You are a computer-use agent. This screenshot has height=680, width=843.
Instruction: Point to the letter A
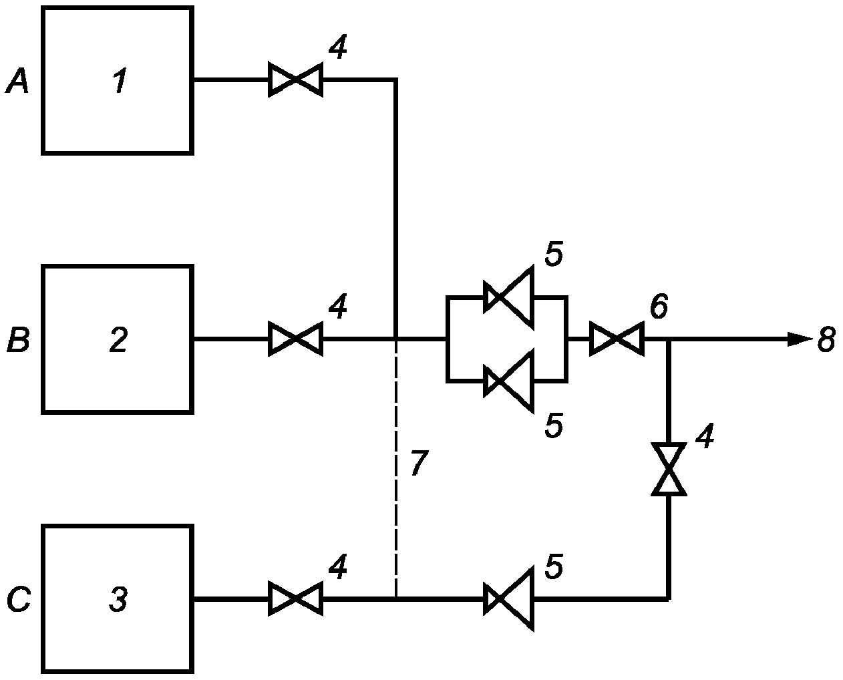pos(17,80)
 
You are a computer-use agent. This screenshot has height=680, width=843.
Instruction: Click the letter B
pos(18,339)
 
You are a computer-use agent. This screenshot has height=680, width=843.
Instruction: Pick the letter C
pos(19,599)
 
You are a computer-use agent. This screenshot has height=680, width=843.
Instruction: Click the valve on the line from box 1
pos(296,79)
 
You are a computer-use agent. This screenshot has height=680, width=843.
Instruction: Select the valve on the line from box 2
pos(296,339)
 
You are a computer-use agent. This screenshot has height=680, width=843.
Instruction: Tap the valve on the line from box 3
pos(296,598)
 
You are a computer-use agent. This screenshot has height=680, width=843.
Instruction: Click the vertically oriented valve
pos(669,470)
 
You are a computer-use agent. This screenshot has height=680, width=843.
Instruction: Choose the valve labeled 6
pos(617,339)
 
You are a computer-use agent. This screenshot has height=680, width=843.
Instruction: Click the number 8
pos(826,339)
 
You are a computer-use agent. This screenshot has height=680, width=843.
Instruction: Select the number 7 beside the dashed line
pos(419,463)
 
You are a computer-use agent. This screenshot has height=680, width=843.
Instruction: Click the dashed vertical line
pos(396,468)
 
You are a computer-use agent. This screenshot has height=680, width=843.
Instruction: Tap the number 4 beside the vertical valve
pos(705,435)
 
